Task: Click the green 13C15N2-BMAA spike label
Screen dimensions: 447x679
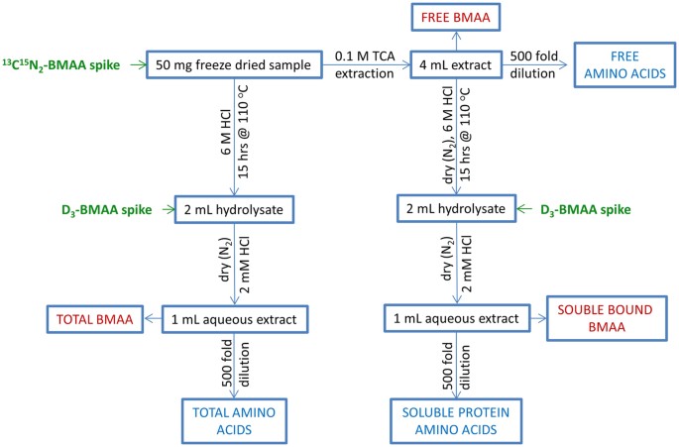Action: point(60,65)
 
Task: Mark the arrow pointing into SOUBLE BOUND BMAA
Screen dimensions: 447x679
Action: point(530,319)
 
